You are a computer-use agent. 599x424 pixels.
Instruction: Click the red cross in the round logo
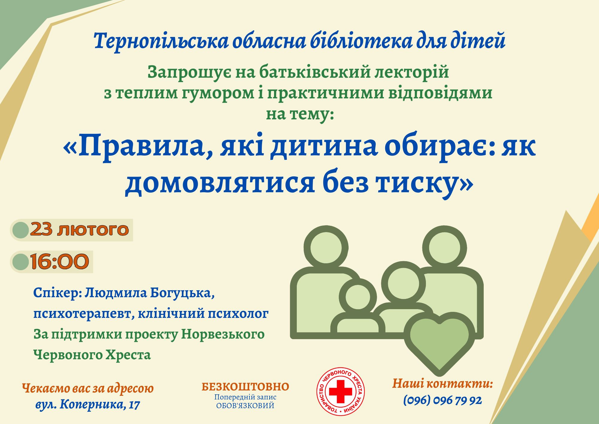[x=341, y=392]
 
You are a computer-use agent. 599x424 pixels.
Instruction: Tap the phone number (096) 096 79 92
[x=442, y=400]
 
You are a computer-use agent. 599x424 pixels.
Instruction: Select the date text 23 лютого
[x=79, y=230]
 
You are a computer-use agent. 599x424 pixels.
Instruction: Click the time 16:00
[x=60, y=261]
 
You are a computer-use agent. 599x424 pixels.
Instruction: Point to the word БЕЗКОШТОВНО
[x=245, y=387]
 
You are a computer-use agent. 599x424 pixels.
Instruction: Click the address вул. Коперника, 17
[x=88, y=405]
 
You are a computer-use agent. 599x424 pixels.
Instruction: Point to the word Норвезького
[x=223, y=334]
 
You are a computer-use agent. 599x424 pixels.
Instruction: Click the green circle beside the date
[x=21, y=230]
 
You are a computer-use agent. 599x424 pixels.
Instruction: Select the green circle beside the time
[x=21, y=262]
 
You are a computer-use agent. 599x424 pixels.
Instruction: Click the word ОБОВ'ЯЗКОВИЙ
[x=245, y=406]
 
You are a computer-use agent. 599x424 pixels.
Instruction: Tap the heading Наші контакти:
[x=443, y=384]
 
